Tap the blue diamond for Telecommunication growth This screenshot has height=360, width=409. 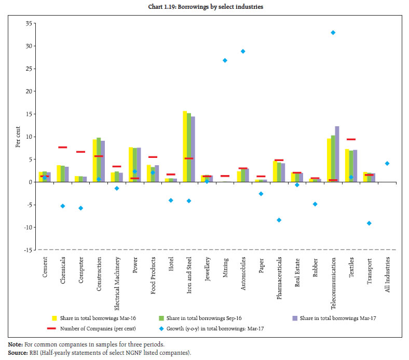tap(333, 33)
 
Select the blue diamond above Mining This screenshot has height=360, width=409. tap(225, 60)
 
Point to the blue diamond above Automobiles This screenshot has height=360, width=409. tap(243, 51)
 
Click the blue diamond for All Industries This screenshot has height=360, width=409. tap(387, 164)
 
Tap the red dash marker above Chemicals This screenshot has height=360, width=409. tap(62, 148)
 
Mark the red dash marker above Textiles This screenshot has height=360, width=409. tap(351, 139)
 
